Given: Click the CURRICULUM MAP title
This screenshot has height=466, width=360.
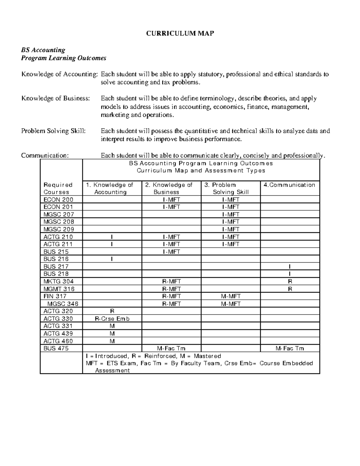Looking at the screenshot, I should click(x=180, y=33).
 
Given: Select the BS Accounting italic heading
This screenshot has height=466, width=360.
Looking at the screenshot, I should click(x=43, y=50).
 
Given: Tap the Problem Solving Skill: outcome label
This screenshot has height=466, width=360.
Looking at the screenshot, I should click(x=53, y=131).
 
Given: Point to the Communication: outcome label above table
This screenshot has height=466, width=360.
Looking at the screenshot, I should click(x=45, y=155).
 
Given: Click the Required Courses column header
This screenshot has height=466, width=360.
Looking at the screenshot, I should click(x=58, y=188).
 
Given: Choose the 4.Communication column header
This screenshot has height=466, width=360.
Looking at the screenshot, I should click(x=289, y=185).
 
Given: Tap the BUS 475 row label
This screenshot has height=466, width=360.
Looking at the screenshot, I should click(x=56, y=348).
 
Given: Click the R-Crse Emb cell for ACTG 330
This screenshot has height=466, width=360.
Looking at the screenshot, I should click(x=112, y=319).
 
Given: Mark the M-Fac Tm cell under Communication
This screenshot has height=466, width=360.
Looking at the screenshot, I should click(x=290, y=348).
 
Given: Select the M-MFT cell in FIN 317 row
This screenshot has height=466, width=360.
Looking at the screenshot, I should click(x=231, y=296).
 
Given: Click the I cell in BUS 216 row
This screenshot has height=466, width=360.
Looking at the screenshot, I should click(x=112, y=259).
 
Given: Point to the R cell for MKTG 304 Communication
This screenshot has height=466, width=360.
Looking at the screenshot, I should click(x=290, y=281).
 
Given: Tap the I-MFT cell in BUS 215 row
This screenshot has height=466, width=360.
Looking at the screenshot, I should click(x=171, y=252).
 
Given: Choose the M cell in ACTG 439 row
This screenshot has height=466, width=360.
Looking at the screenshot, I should click(x=112, y=333).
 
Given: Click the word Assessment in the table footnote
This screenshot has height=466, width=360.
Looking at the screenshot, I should click(x=112, y=370).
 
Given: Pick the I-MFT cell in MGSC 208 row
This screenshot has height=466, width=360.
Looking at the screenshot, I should click(x=231, y=222).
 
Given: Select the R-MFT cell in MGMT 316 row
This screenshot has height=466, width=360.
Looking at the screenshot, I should click(x=171, y=289).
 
